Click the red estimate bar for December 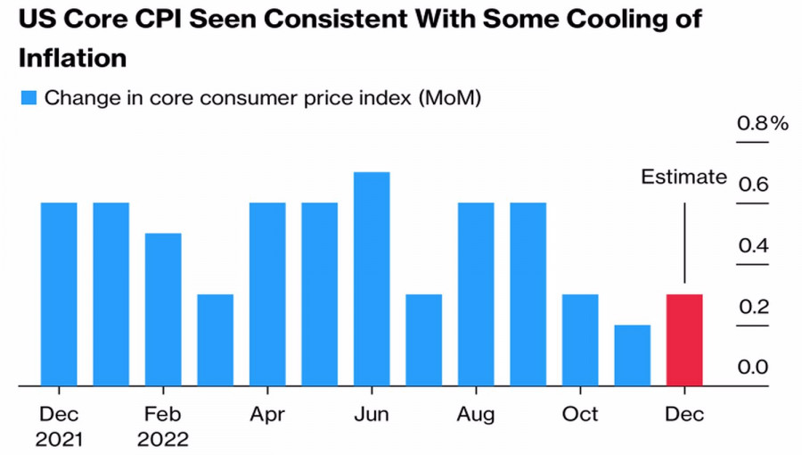(x=684, y=340)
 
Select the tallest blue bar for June (x=372, y=279)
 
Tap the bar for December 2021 (x=59, y=294)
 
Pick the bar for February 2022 (x=163, y=310)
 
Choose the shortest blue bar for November (x=633, y=355)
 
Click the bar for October (x=580, y=340)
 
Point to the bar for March (x=216, y=340)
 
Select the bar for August (x=476, y=294)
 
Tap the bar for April (x=267, y=294)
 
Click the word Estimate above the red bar (x=683, y=177)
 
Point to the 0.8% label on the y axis (x=762, y=123)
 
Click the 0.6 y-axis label (x=752, y=185)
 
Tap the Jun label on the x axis (x=372, y=415)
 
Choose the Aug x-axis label (x=476, y=415)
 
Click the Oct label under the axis (x=580, y=415)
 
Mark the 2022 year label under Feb (x=163, y=439)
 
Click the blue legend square (x=29, y=98)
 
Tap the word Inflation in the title (x=72, y=59)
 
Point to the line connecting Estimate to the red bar (x=683, y=243)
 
